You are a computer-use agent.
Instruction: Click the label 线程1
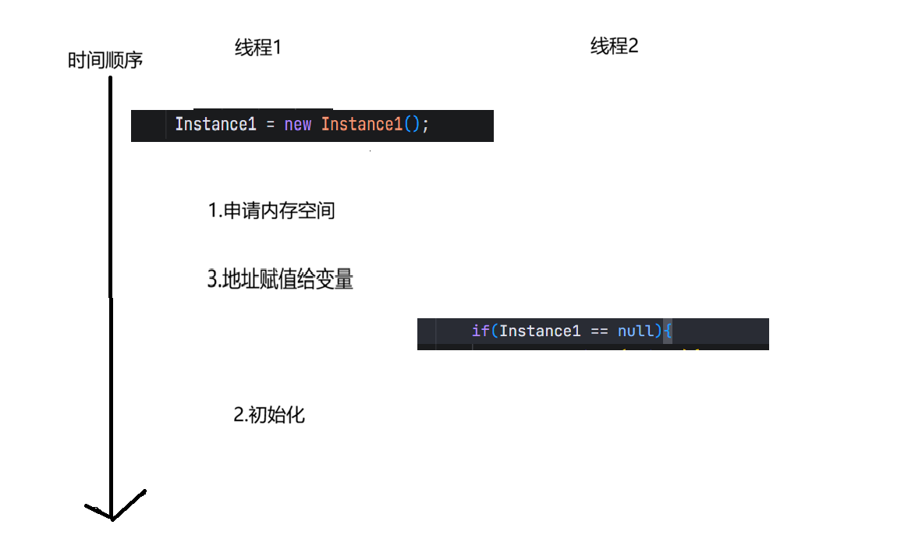pyautogui.click(x=257, y=48)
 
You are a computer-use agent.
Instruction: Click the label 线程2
pyautogui.click(x=614, y=46)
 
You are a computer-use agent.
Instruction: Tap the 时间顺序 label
pyautogui.click(x=105, y=61)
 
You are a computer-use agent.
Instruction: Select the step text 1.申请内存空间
pyautogui.click(x=271, y=211)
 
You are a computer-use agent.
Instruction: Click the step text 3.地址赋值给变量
pyautogui.click(x=280, y=280)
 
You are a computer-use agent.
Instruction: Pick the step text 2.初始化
pyautogui.click(x=269, y=415)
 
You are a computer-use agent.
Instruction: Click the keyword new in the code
pyautogui.click(x=298, y=125)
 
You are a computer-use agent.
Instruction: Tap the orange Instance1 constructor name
pyautogui.click(x=361, y=125)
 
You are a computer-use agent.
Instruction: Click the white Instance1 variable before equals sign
pyautogui.click(x=215, y=125)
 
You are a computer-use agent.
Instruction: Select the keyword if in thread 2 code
pyautogui.click(x=480, y=331)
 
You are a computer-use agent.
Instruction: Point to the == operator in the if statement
pyautogui.click(x=599, y=331)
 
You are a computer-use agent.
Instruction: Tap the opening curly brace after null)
pyautogui.click(x=668, y=331)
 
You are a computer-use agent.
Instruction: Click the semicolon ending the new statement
pyautogui.click(x=426, y=125)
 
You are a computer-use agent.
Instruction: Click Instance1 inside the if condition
pyautogui.click(x=540, y=331)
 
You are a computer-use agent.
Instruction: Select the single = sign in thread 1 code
pyautogui.click(x=270, y=125)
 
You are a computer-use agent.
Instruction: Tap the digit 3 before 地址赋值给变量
pyautogui.click(x=211, y=280)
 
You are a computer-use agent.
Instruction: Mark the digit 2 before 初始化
pyautogui.click(x=239, y=415)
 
